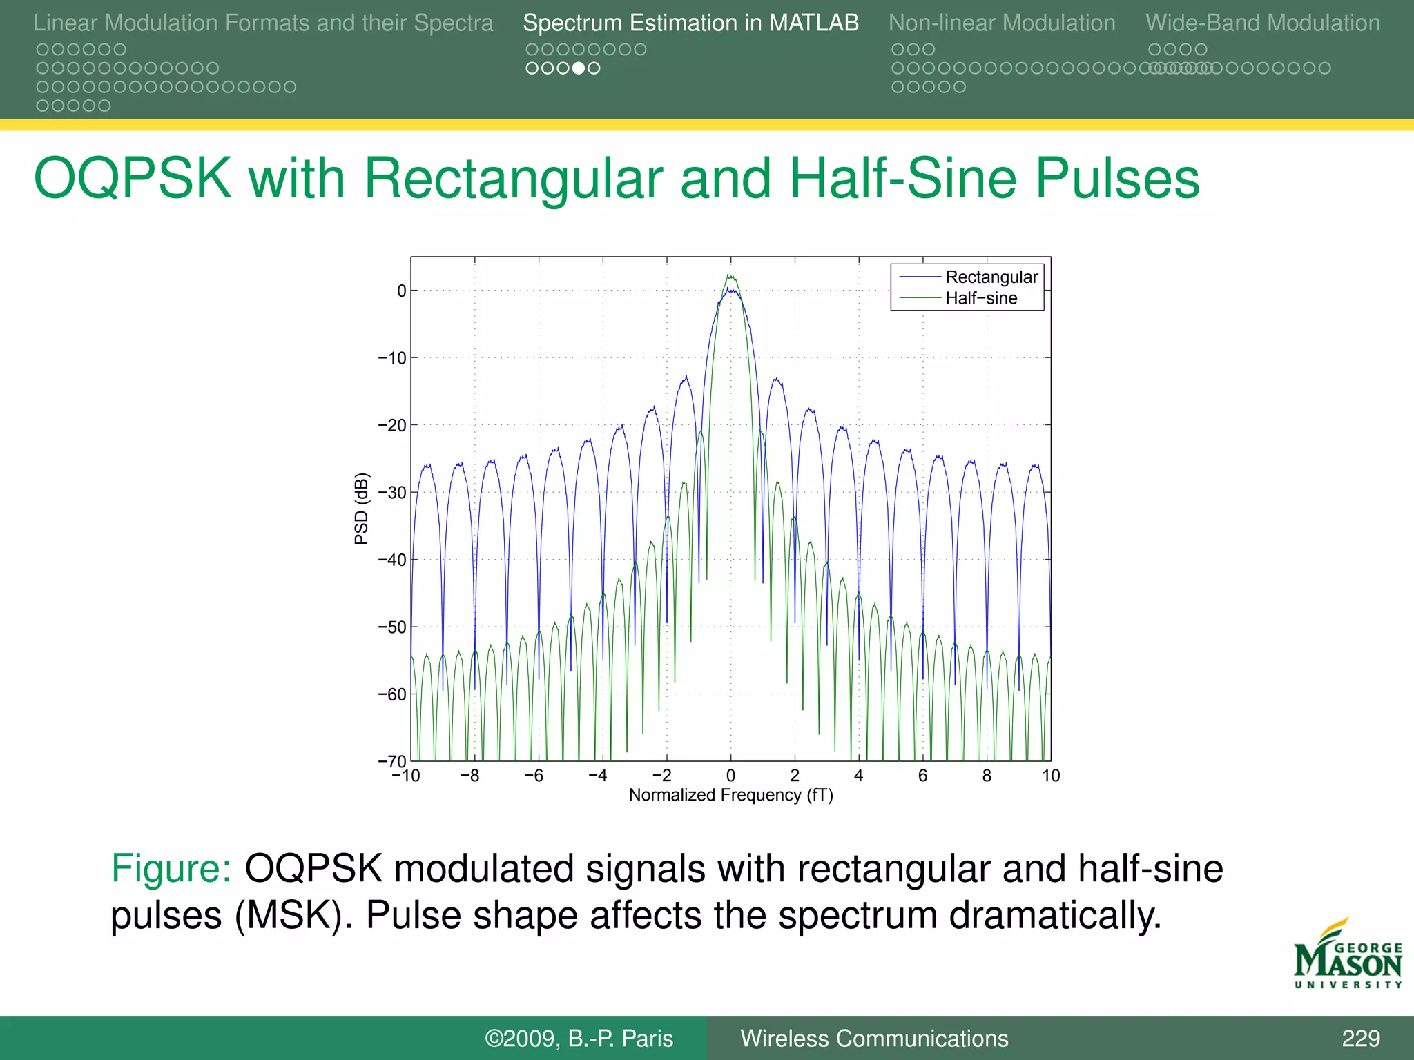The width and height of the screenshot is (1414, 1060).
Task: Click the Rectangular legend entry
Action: tap(991, 277)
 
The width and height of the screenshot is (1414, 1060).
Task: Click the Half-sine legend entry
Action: tap(980, 298)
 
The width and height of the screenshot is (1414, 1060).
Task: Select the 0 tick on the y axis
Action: tap(402, 291)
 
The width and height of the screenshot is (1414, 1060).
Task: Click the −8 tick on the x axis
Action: tap(470, 776)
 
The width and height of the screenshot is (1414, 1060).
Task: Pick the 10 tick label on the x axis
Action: tap(1051, 776)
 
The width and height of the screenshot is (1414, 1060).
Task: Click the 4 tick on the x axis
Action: tap(858, 776)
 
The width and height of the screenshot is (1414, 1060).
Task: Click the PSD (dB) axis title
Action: tap(361, 509)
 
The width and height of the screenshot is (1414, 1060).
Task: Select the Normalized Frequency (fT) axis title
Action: tap(730, 795)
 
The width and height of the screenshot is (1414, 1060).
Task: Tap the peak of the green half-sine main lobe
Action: tap(730, 275)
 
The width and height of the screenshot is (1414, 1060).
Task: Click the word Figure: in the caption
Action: tap(171, 868)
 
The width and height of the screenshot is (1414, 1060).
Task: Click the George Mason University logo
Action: tap(1348, 956)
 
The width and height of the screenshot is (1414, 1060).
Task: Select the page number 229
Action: tap(1360, 1038)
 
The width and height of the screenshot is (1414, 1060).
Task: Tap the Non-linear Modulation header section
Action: tap(1001, 23)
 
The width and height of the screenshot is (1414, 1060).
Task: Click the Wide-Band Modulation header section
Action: tap(1263, 23)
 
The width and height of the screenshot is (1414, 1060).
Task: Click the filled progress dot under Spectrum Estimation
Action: tap(579, 68)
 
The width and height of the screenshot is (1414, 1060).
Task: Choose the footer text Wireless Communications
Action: tap(874, 1038)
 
